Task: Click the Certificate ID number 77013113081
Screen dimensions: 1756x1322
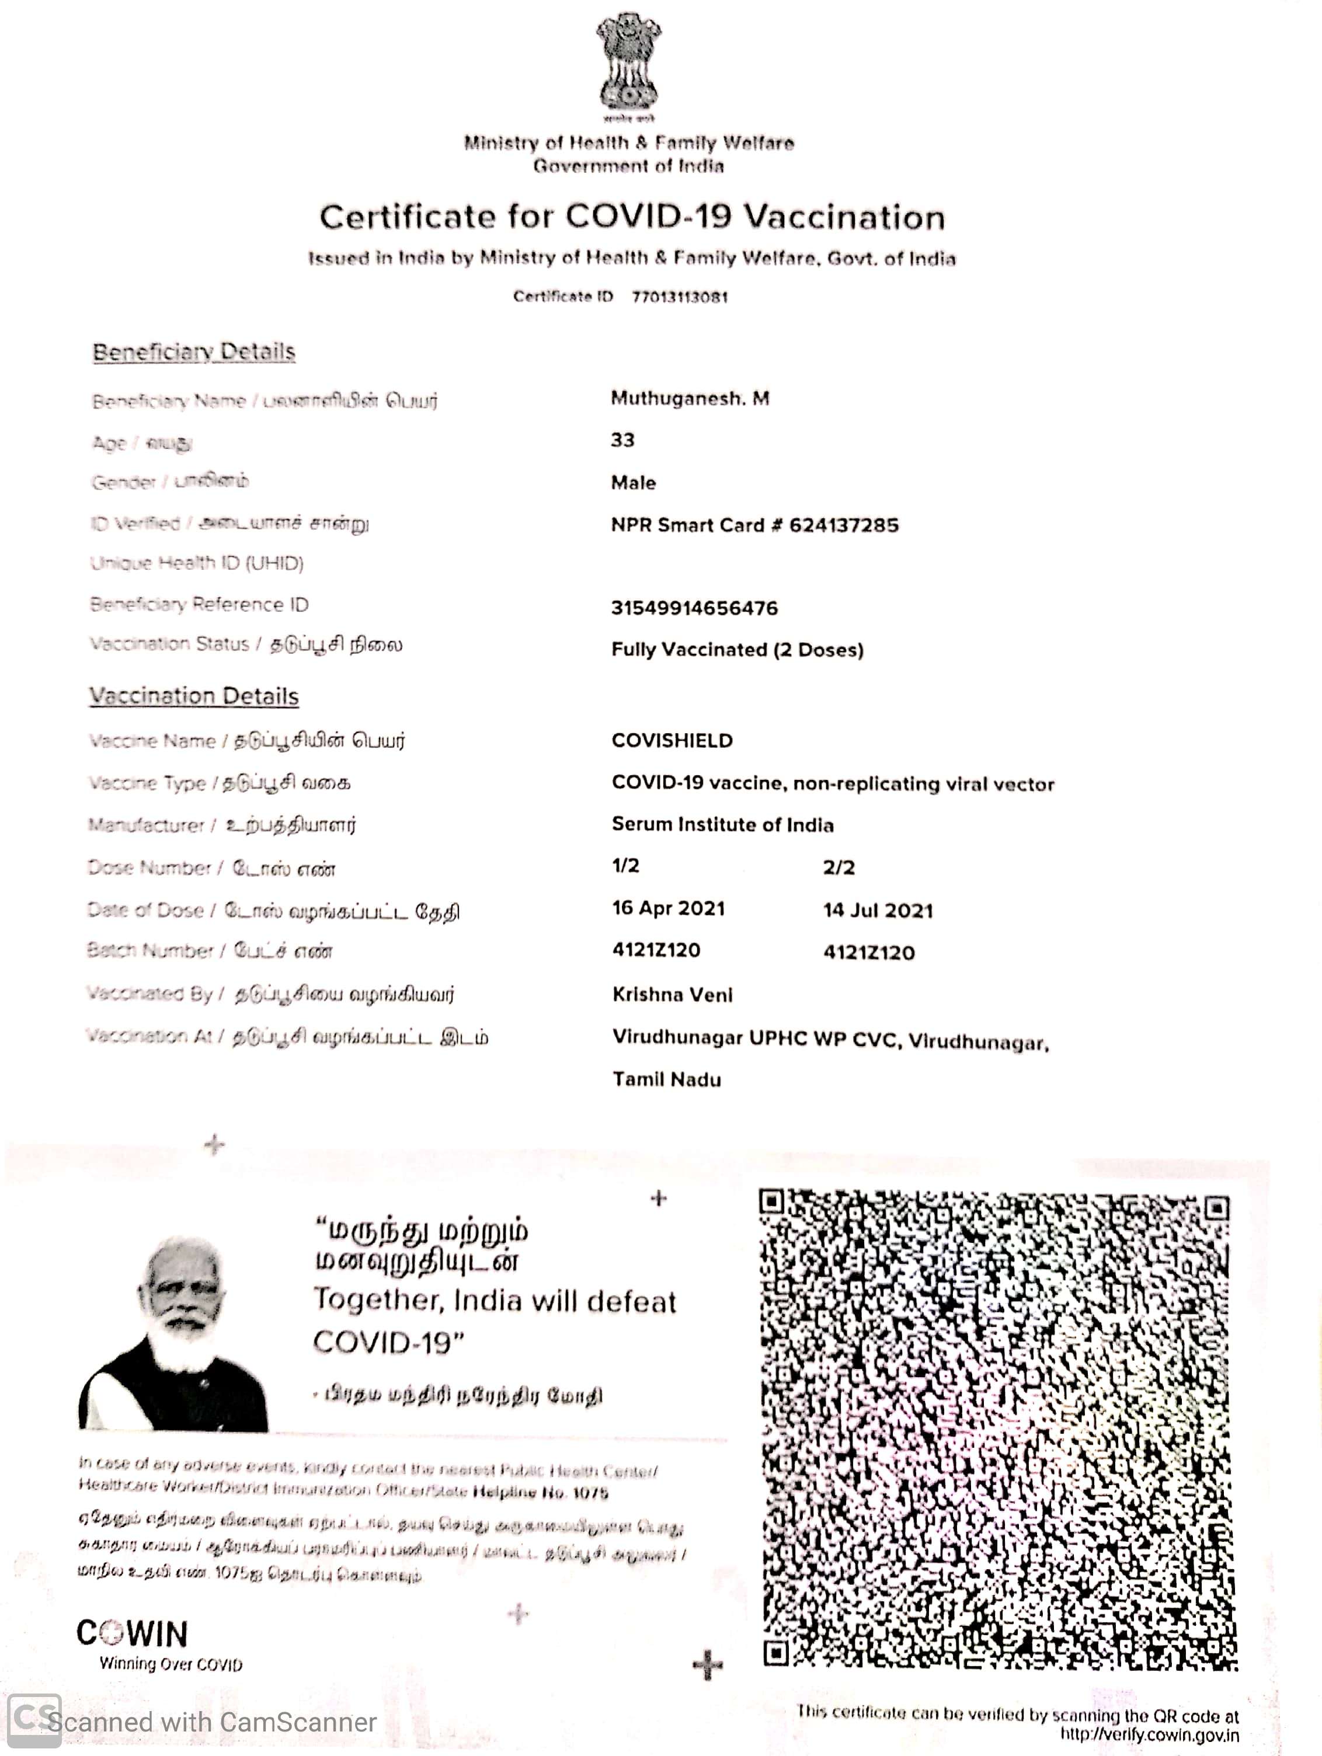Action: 680,297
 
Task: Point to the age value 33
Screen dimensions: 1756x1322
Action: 622,440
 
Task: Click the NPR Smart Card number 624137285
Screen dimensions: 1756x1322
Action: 843,525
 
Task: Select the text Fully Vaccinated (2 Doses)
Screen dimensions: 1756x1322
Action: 737,649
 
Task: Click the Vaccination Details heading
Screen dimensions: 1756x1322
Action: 194,696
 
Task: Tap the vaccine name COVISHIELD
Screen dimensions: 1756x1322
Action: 672,741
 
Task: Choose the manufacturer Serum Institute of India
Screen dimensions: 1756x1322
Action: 722,825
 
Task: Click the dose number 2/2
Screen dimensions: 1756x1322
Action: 839,867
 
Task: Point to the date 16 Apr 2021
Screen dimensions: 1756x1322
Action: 669,908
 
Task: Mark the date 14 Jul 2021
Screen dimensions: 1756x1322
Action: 878,911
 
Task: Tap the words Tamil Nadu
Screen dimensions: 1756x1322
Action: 667,1079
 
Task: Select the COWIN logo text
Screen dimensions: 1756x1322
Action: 133,1634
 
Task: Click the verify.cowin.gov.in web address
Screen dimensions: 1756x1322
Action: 1149,1736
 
